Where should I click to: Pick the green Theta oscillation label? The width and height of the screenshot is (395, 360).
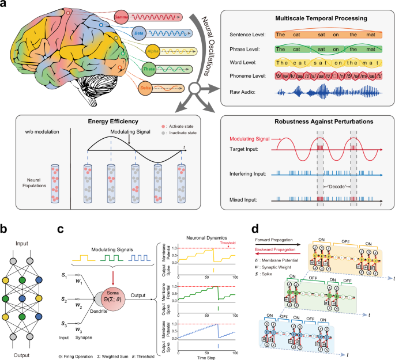(149, 70)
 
